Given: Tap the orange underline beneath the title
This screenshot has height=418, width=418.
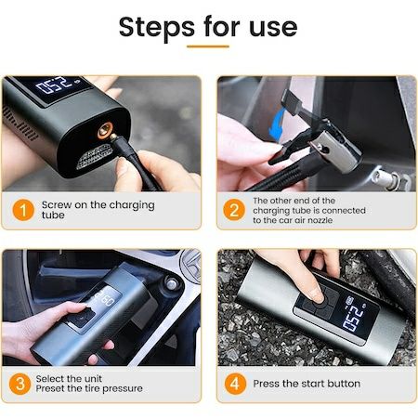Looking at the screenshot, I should (x=207, y=46).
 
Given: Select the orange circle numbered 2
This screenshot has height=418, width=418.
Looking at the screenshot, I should (x=234, y=210).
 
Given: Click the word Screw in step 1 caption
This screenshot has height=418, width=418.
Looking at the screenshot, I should (x=57, y=205).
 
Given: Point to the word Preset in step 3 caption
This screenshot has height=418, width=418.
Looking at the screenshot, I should (x=52, y=389).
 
